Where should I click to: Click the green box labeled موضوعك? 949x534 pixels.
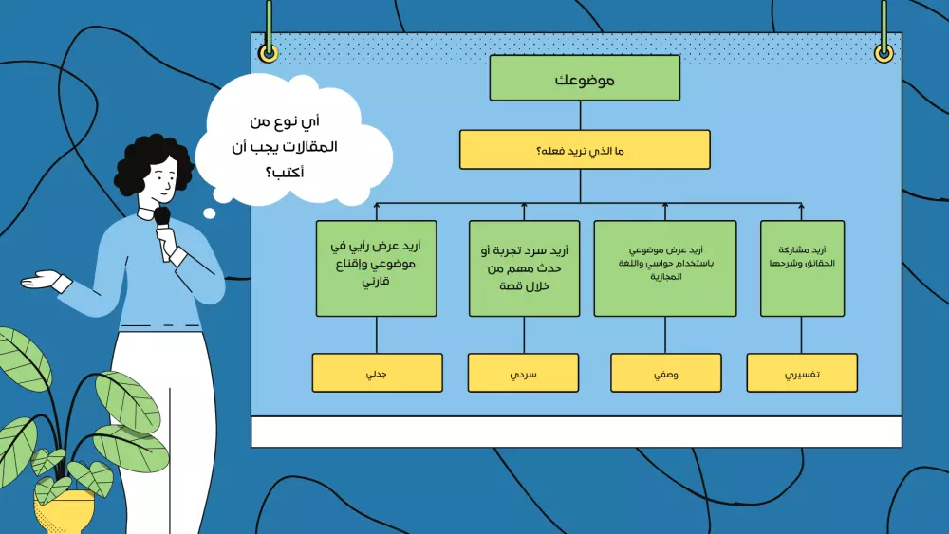pyautogui.click(x=585, y=78)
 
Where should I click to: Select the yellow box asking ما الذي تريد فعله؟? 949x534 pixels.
pyautogui.click(x=585, y=150)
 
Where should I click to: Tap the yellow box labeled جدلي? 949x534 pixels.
pyautogui.click(x=377, y=373)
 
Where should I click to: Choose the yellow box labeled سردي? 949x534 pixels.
pyautogui.click(x=523, y=373)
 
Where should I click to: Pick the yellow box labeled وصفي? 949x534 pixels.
pyautogui.click(x=665, y=373)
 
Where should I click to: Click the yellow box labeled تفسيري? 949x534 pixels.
pyautogui.click(x=802, y=373)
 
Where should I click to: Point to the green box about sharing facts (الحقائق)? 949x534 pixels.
pyautogui.click(x=802, y=268)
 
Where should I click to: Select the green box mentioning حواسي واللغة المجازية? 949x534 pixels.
pyautogui.click(x=665, y=268)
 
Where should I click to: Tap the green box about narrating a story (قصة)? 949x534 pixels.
pyautogui.click(x=524, y=268)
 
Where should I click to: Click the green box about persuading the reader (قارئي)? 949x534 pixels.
pyautogui.click(x=377, y=268)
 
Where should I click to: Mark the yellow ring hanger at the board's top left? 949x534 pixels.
pyautogui.click(x=270, y=53)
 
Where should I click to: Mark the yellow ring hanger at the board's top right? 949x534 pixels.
pyautogui.click(x=884, y=53)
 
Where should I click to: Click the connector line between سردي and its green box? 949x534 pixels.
pyautogui.click(x=524, y=335)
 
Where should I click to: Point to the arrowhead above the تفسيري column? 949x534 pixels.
pyautogui.click(x=802, y=205)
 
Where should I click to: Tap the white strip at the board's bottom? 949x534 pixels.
pyautogui.click(x=576, y=432)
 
